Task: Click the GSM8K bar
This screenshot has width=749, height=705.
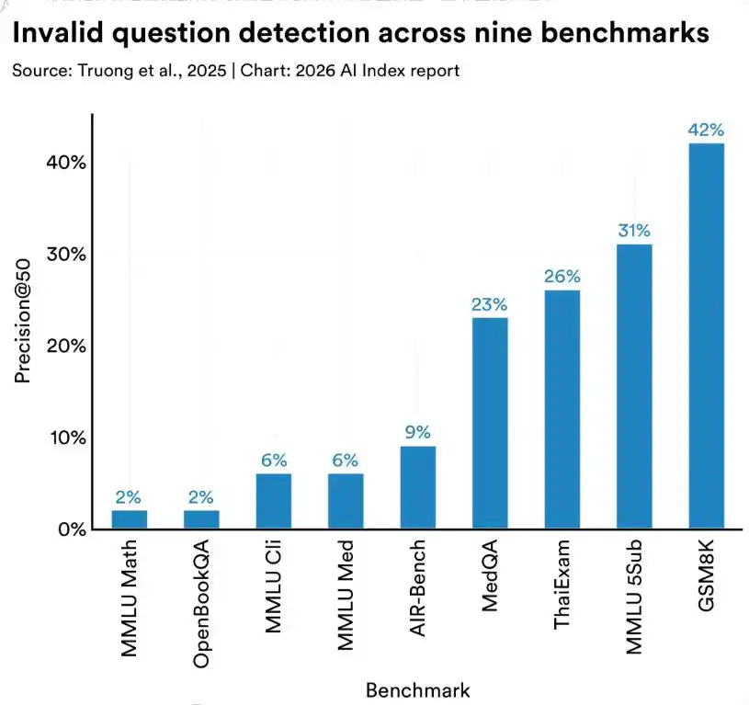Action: pyautogui.click(x=707, y=336)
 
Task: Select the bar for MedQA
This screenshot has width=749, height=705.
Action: pyautogui.click(x=490, y=424)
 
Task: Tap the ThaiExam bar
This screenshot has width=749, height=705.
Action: pyautogui.click(x=562, y=410)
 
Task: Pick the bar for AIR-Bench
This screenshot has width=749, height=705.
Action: pyautogui.click(x=417, y=488)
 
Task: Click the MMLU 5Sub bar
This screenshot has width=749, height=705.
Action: pyautogui.click(x=634, y=387)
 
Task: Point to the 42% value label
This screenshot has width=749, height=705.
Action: pyautogui.click(x=707, y=130)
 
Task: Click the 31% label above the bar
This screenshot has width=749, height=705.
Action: pyautogui.click(x=634, y=231)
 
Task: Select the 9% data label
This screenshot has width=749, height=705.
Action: pyautogui.click(x=417, y=432)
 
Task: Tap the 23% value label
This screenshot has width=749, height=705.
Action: pyautogui.click(x=490, y=304)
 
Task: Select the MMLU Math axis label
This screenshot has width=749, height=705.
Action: pyautogui.click(x=130, y=597)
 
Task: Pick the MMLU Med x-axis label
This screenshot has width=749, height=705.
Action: pyautogui.click(x=346, y=597)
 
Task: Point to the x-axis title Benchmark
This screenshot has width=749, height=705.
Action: pyautogui.click(x=418, y=690)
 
